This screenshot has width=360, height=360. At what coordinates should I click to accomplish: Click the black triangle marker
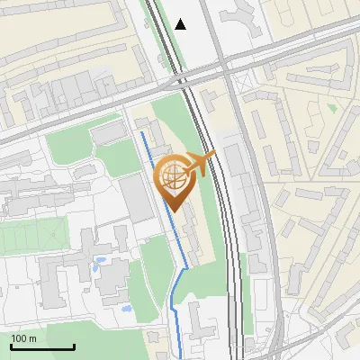(x=182, y=24)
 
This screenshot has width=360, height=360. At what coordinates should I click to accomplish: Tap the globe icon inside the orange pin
(x=174, y=178)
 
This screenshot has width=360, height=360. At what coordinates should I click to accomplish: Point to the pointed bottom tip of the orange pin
(x=175, y=211)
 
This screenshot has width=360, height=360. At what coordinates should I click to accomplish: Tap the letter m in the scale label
(x=33, y=338)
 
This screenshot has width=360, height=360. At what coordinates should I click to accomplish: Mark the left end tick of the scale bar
(x=11, y=346)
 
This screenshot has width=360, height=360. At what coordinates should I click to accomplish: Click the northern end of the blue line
(x=142, y=133)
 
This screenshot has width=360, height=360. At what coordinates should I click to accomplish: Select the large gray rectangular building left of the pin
(x=138, y=197)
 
